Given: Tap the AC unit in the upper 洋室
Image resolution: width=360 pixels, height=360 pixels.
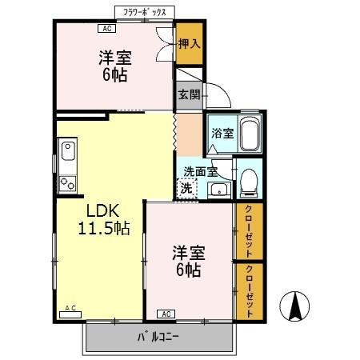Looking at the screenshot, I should point(105,29).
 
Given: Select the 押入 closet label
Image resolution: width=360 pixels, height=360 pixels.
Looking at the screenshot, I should point(189,45).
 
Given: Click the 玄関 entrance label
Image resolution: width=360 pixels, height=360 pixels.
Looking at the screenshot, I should point(189,94).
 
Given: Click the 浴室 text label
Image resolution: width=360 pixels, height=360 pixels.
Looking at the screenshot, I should point(222,134).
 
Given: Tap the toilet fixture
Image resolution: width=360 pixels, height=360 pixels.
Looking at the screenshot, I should point(249,182).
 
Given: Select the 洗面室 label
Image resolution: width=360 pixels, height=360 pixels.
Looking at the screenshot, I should point(200,170).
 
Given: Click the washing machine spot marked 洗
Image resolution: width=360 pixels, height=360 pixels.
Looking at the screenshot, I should point(186,189).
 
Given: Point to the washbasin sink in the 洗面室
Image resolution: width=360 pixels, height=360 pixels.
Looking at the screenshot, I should point(218,190).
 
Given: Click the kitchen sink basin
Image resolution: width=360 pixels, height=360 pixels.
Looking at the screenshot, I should point(66,149).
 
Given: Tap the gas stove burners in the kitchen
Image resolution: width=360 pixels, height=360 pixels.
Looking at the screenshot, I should point(67,182).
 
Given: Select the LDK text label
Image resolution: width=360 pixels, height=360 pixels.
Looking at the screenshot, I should point(102,211).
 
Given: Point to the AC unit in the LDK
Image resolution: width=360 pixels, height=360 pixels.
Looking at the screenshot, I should point(70,309).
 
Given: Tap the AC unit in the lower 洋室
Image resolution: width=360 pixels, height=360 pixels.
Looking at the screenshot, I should point(166,313).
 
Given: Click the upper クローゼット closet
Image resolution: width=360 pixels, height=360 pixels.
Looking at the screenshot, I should point(250,231).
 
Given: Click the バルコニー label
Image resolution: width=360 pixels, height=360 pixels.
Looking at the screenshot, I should point(159,337).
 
